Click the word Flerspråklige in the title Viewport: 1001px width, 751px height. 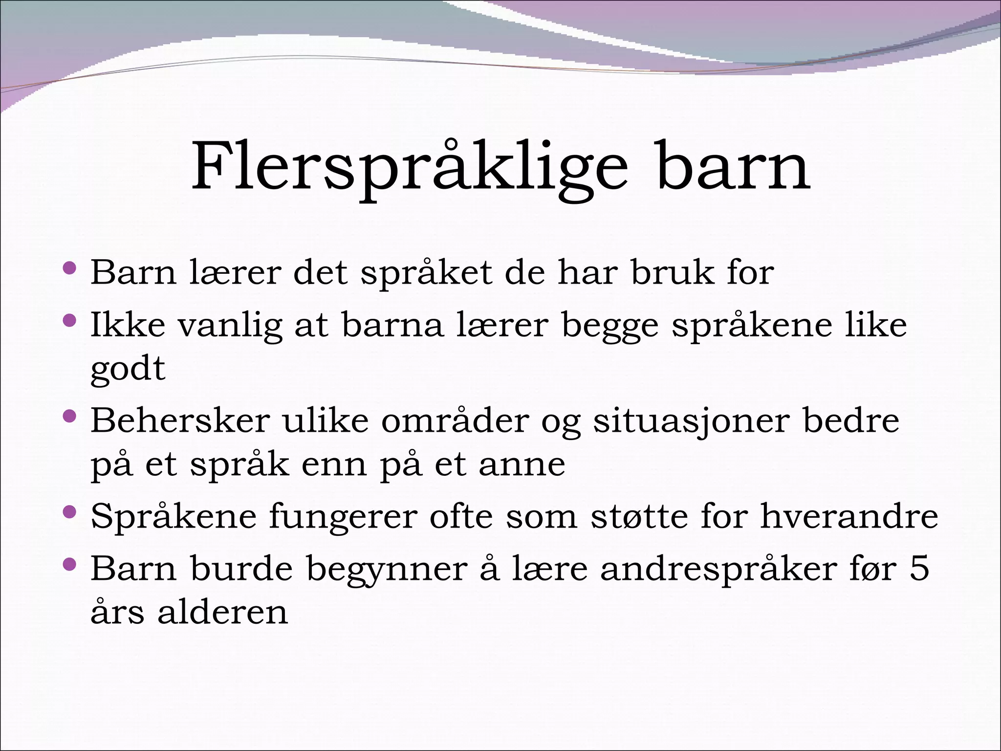[409, 167]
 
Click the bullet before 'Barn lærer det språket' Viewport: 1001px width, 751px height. [70, 268]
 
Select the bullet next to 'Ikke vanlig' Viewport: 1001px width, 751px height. [70, 320]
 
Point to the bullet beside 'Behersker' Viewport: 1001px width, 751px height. [70, 416]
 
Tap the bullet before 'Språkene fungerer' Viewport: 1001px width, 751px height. [70, 512]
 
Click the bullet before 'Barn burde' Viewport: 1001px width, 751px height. [70, 564]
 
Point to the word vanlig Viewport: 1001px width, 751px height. [230, 326]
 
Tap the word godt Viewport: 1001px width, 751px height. [128, 370]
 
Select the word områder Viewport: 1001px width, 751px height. [455, 420]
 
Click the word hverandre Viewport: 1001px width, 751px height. [849, 516]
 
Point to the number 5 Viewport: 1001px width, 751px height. [919, 568]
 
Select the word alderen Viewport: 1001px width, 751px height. [223, 612]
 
